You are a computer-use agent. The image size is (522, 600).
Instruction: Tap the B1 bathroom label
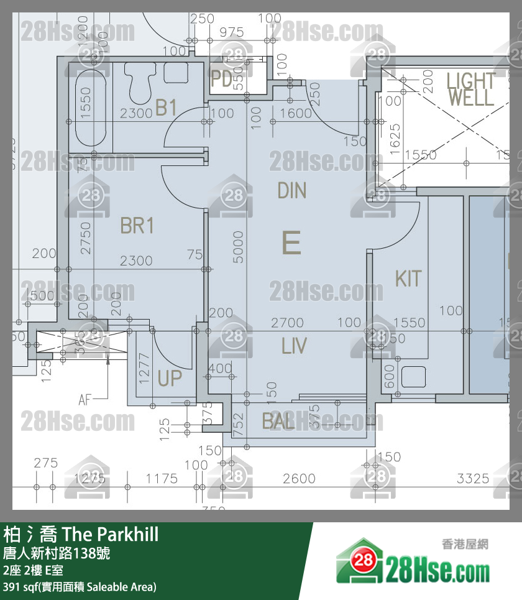pos(167,108)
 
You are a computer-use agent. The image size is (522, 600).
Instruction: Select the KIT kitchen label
pos(408,279)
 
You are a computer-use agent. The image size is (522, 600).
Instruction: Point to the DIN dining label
pos(292,190)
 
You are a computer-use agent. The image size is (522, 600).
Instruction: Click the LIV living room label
pos(294,346)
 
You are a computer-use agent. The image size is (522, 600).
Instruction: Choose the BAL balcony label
pos(278,421)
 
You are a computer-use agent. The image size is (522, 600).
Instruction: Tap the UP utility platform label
pos(170,378)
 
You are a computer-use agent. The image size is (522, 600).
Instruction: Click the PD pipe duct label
pos(221,79)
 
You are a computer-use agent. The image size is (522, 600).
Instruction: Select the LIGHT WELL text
pos(471,89)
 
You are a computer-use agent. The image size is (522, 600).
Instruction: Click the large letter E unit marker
pos(291,242)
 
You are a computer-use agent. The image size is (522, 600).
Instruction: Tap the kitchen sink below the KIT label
pos(413,377)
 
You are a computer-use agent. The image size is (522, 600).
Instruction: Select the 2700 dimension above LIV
pos(287,323)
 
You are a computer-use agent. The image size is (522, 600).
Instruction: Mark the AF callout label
pos(86,399)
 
